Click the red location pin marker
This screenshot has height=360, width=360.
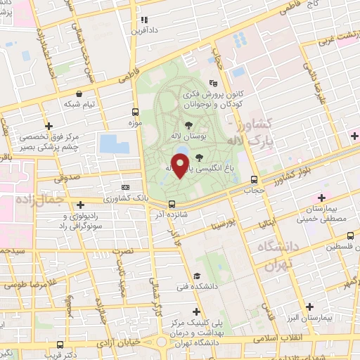click(181, 166)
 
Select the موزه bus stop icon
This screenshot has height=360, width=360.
click(134, 112)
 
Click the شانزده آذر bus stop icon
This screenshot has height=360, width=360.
click(172, 205)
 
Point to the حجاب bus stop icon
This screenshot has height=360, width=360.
click(253, 179)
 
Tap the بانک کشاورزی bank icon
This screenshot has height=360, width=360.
click(126, 188)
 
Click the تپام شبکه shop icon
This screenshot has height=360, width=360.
click(79, 94)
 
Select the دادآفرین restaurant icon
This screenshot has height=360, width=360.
click(143, 20)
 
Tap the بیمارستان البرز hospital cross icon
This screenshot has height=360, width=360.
click(310, 306)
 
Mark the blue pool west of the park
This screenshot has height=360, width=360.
click(114, 143)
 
